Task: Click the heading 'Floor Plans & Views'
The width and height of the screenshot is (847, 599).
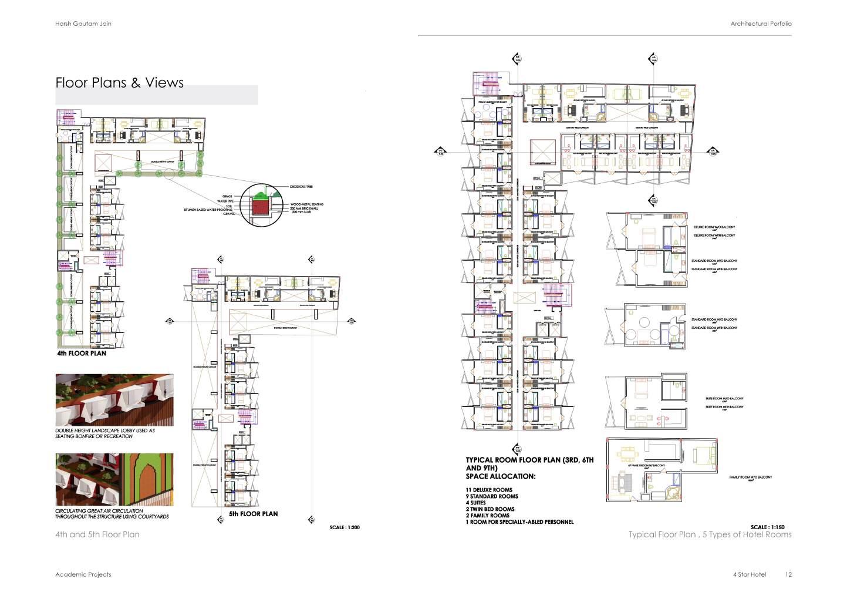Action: click(120, 83)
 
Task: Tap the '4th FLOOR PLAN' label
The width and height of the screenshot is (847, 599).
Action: click(82, 354)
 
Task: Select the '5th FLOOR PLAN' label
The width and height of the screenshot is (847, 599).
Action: click(254, 514)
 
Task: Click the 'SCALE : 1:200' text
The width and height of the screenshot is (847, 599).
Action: click(345, 527)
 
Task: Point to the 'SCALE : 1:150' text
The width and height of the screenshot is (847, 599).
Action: click(767, 527)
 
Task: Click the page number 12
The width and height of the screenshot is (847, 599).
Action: click(788, 574)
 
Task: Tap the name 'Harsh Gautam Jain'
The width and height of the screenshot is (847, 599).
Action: click(83, 23)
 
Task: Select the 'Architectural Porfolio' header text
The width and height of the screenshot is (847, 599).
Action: click(761, 23)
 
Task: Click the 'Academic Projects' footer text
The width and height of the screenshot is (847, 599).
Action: click(83, 574)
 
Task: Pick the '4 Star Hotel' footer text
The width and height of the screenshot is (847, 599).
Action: click(749, 574)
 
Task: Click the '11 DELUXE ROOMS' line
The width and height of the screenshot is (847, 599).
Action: click(489, 490)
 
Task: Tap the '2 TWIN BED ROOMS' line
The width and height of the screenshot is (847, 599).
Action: click(490, 509)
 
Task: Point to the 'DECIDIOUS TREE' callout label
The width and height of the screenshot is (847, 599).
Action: click(301, 187)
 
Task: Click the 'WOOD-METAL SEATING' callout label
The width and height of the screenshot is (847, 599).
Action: click(306, 204)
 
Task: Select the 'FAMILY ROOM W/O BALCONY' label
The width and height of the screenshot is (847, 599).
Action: click(750, 477)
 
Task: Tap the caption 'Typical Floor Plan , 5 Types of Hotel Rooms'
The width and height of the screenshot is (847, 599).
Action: click(710, 534)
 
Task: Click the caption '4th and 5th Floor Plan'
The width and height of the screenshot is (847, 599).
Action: click(97, 534)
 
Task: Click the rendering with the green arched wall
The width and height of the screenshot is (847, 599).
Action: click(114, 479)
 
